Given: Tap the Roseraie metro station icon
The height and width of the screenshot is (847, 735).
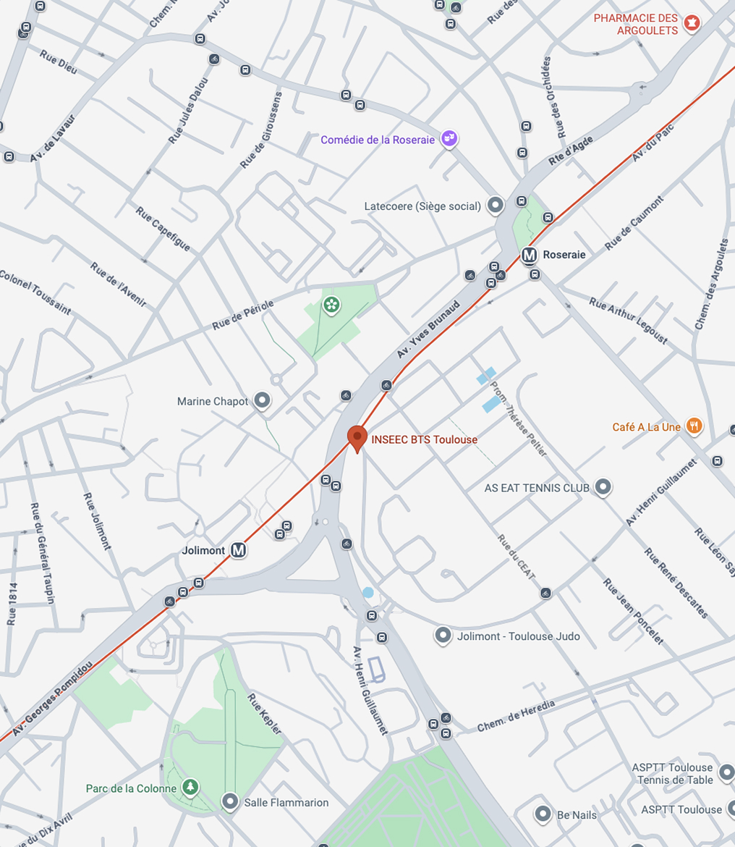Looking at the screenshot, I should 530,255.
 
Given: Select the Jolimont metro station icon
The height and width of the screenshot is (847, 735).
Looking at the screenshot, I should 239,551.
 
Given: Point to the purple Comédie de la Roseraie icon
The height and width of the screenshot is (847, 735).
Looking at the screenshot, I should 449,138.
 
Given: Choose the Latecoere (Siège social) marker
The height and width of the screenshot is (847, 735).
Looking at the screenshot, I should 496,206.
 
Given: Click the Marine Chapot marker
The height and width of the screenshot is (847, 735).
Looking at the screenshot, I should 262,400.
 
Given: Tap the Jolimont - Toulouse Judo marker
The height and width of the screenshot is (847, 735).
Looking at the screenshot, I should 443,636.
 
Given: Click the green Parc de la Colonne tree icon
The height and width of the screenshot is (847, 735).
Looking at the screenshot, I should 190,787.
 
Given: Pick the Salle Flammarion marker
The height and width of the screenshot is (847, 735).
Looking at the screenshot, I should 230,801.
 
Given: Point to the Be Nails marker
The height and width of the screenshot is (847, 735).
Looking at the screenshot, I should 543,814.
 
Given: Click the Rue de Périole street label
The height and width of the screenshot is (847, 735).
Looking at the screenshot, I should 243,316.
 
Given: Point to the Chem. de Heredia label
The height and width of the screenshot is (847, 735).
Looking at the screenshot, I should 517,716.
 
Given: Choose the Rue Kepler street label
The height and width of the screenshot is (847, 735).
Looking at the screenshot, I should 264,714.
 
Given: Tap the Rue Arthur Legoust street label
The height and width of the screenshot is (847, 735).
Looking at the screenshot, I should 629,321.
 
